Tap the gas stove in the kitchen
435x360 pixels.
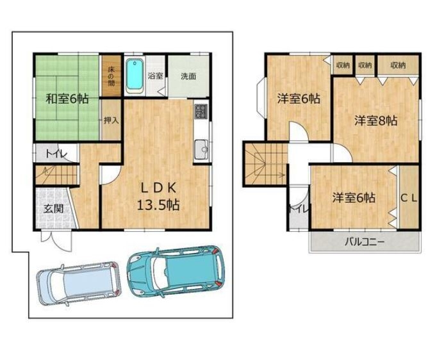(201, 111)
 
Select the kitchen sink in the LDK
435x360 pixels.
(201, 149)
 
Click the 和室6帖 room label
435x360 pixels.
(67, 99)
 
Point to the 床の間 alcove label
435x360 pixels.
(111, 76)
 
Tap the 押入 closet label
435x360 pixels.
(111, 120)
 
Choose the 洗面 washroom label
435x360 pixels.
(188, 76)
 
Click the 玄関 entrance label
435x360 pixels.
(54, 209)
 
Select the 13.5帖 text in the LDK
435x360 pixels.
(158, 205)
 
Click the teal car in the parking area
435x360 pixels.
(176, 271)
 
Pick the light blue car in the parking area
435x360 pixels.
(79, 283)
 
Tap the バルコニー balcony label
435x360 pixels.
(365, 242)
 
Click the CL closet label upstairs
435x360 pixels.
(409, 198)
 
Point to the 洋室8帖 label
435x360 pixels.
(376, 121)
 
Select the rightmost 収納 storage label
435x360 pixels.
(398, 65)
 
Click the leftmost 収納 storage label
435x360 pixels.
(343, 65)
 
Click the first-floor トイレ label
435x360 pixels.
(56, 153)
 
